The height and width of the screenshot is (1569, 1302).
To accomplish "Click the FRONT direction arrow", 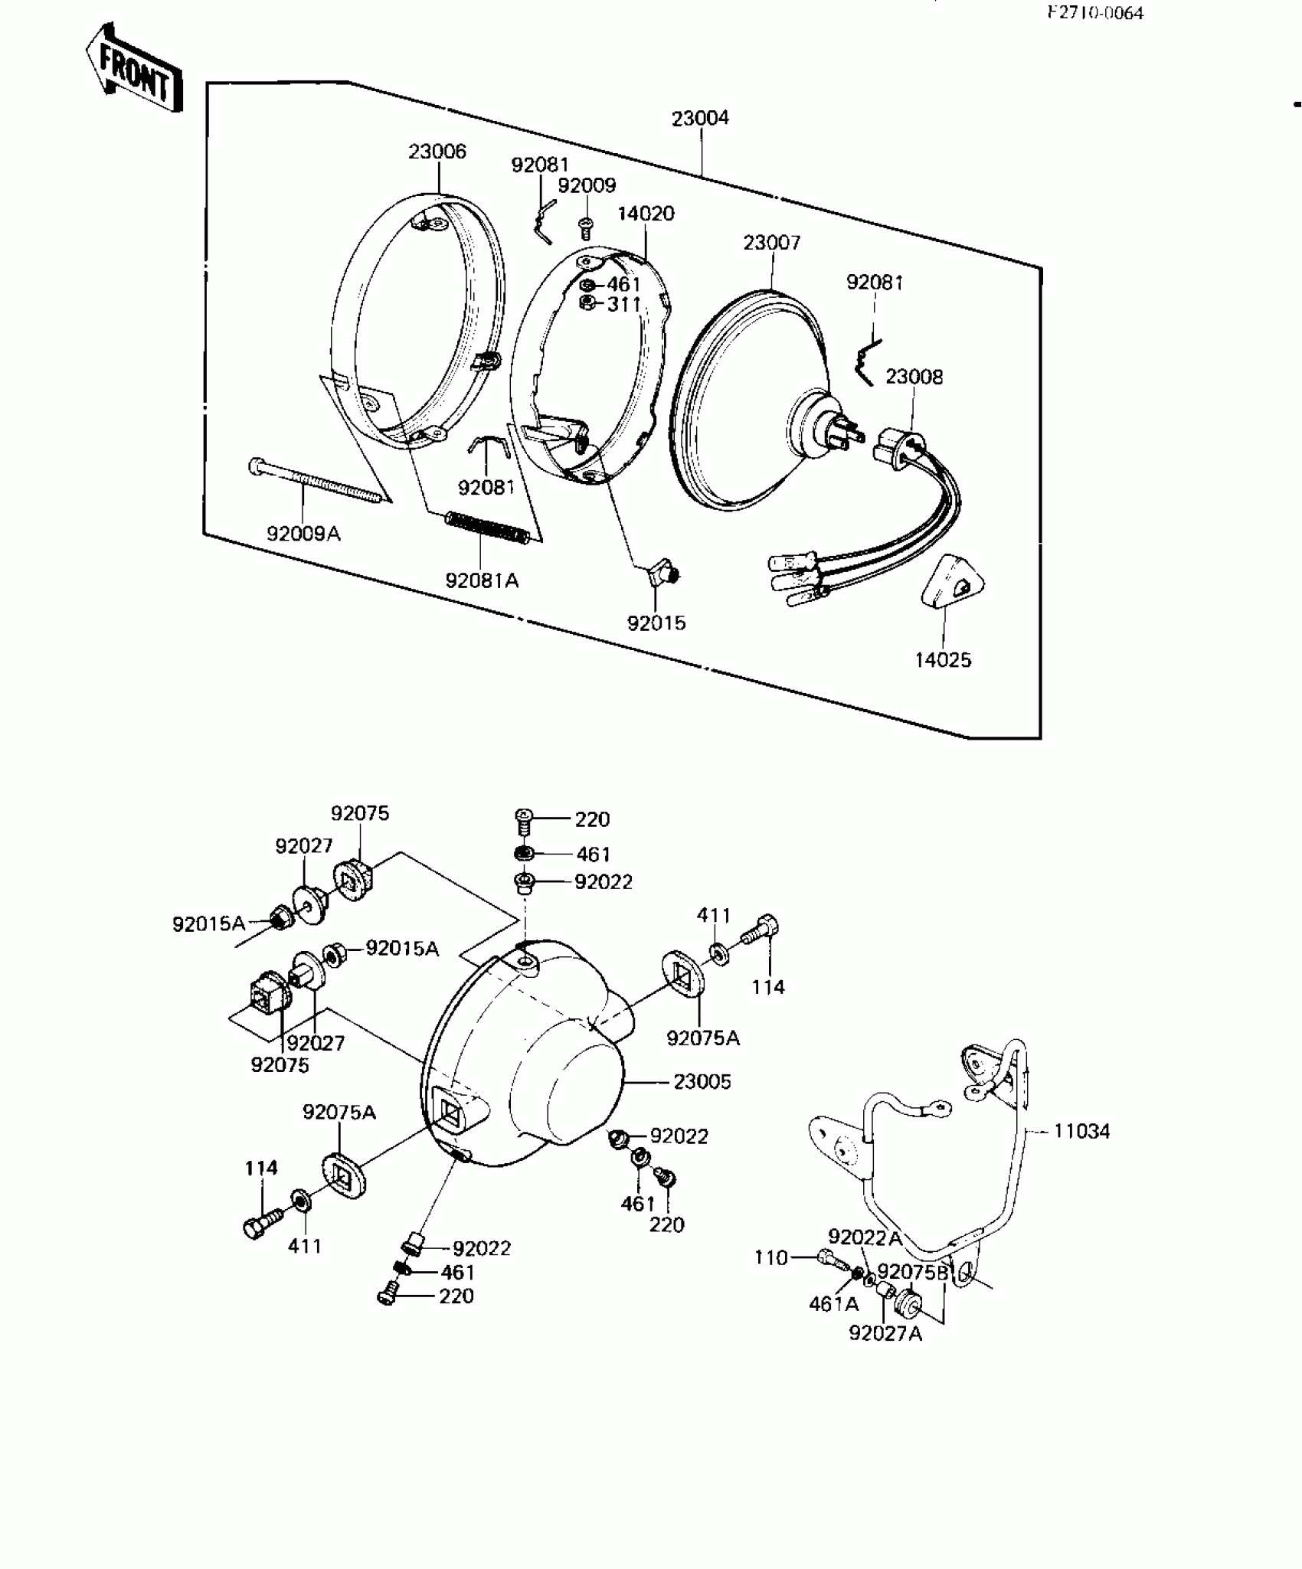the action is (134, 71).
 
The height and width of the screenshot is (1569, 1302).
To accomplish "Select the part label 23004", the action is (700, 119).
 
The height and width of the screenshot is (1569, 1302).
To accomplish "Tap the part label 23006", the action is (437, 152).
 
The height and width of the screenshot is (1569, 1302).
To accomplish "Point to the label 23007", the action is (771, 243).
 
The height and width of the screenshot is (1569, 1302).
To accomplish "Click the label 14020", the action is (646, 214).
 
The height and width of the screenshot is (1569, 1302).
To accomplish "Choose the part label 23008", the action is (914, 377).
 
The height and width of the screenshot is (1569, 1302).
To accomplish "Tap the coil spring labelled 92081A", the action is (486, 528).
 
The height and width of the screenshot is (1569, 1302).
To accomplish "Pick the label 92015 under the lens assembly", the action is (656, 623).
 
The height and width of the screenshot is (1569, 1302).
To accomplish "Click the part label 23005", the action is (702, 1082).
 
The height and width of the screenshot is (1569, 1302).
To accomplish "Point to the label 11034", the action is (1081, 1131).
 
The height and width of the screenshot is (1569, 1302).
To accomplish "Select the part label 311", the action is (623, 304).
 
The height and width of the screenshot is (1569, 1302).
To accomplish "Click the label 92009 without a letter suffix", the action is (586, 185).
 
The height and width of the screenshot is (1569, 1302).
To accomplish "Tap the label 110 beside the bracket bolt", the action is (770, 1258).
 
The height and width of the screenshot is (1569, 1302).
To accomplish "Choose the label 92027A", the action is (885, 1333).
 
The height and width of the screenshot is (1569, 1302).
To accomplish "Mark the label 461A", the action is (833, 1303).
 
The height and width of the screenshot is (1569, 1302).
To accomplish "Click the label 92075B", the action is (912, 1272).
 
